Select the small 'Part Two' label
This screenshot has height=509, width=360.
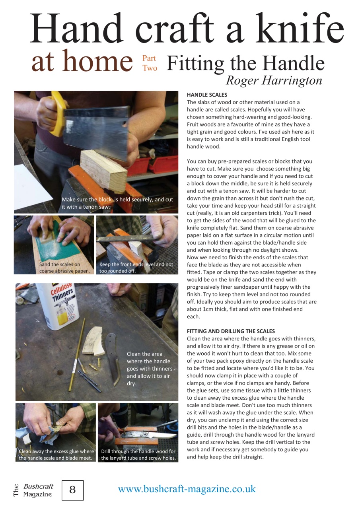point(150,64)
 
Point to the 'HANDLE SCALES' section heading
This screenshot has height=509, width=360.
point(207,95)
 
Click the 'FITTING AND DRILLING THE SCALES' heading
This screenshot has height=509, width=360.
point(231,331)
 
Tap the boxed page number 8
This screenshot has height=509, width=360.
point(73,490)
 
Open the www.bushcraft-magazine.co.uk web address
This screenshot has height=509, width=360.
point(187,489)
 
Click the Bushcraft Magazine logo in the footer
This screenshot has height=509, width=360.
point(34,490)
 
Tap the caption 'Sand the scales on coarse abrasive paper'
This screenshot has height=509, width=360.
point(65,268)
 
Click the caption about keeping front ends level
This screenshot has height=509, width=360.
point(136,268)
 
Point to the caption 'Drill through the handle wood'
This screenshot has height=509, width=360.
point(138,455)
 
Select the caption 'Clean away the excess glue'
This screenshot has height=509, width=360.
point(56,455)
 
